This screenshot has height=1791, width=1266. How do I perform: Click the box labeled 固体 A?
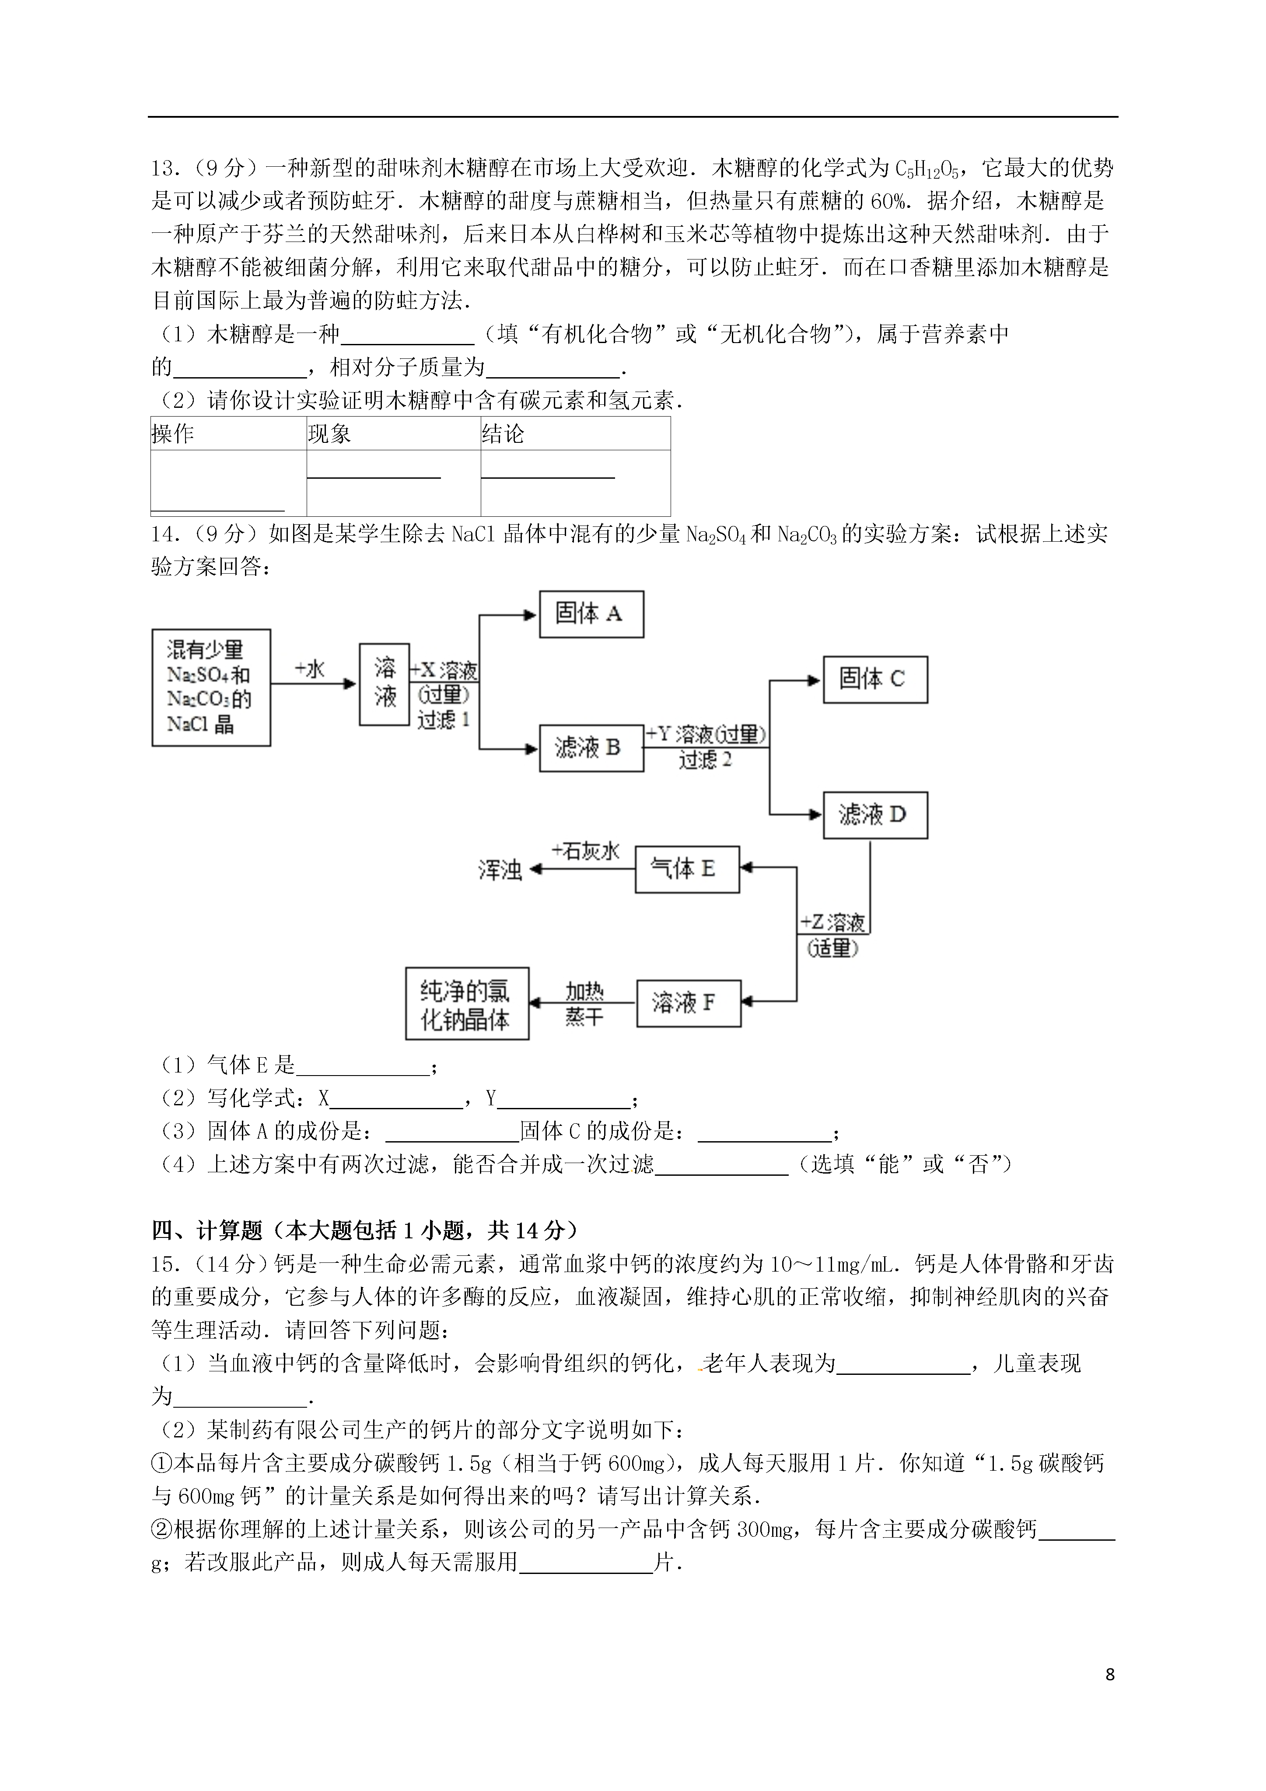[x=591, y=614]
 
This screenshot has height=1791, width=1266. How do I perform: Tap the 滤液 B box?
[x=591, y=748]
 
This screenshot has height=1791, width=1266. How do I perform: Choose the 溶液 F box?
[x=686, y=1002]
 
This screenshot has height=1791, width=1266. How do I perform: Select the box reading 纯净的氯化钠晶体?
[x=466, y=1003]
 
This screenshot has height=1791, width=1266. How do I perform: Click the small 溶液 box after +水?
[x=385, y=684]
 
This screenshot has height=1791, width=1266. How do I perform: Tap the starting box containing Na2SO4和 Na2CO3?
[x=210, y=687]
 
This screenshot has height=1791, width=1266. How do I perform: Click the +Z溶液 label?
[x=832, y=923]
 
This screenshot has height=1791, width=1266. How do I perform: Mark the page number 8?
[x=1110, y=1675]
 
